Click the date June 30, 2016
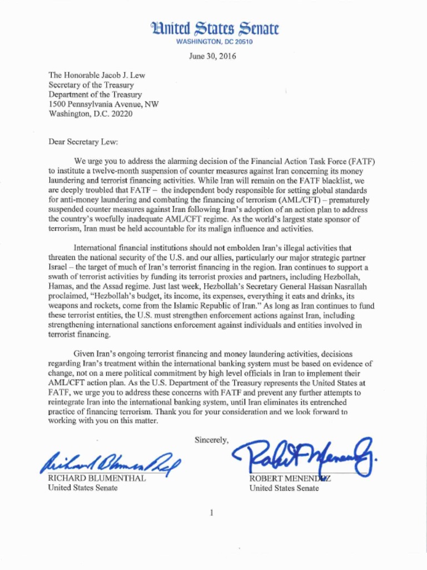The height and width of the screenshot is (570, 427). pyautogui.click(x=212, y=56)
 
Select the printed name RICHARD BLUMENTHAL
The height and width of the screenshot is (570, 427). pyautogui.click(x=97, y=478)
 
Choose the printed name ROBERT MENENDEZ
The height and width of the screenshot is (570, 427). pyautogui.click(x=290, y=479)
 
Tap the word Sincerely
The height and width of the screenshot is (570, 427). pyautogui.click(x=211, y=440)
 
